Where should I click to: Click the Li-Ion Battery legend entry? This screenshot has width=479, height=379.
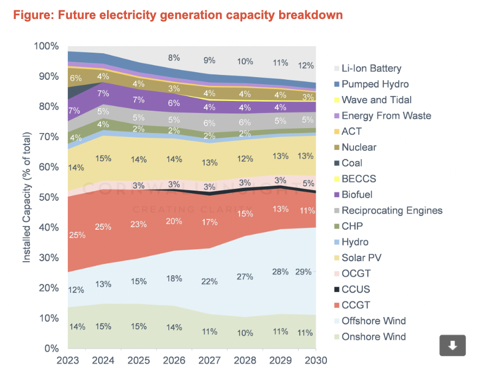click(367, 68)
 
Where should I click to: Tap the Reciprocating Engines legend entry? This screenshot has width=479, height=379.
click(392, 210)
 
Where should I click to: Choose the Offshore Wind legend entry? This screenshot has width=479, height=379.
click(374, 321)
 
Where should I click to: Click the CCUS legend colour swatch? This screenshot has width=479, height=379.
click(336, 289)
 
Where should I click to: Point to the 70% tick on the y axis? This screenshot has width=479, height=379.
click(48, 136)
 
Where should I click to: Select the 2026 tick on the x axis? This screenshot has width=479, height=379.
click(174, 361)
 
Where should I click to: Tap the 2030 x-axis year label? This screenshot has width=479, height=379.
click(315, 361)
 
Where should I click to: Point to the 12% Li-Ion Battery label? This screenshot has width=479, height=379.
click(306, 65)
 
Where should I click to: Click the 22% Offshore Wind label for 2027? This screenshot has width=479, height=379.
click(210, 281)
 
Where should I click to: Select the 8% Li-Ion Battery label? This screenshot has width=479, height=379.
click(174, 58)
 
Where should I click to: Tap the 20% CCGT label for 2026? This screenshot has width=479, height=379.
click(174, 221)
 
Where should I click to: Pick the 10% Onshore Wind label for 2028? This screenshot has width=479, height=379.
click(245, 332)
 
